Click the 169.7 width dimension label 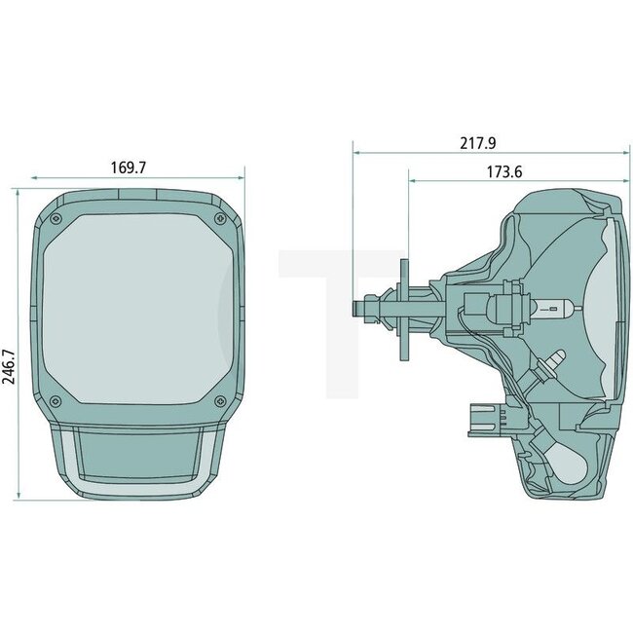[128, 168]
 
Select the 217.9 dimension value [478, 143]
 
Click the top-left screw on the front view [56, 216]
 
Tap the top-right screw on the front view [219, 216]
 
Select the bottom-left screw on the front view [56, 401]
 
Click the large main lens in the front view [137, 308]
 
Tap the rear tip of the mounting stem [357, 307]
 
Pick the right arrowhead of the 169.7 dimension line [241, 178]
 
